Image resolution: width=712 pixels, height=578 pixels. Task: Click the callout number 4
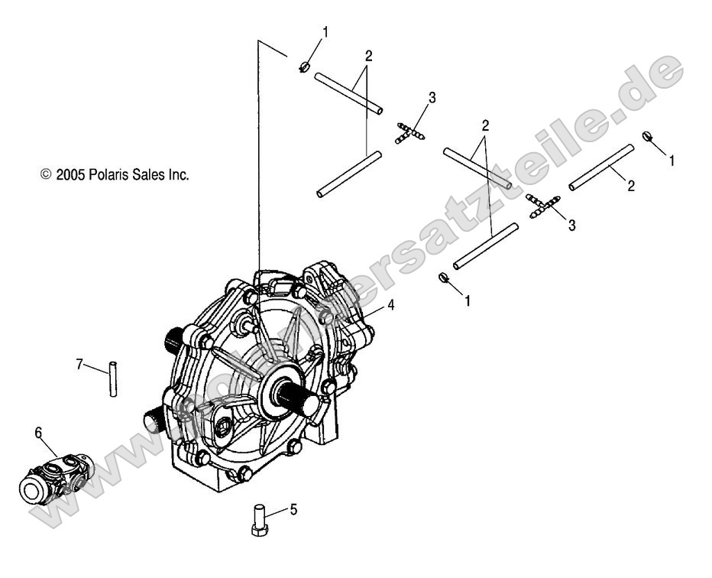tap(390, 304)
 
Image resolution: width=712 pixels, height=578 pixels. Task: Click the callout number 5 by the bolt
tap(293, 510)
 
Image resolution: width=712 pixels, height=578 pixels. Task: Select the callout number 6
tap(38, 433)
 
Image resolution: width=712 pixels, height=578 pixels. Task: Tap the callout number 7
tap(78, 363)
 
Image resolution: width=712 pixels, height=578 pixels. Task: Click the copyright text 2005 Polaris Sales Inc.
tap(115, 175)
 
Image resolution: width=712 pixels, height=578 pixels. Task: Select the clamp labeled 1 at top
tap(303, 67)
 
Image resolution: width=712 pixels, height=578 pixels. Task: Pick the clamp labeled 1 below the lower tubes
tap(443, 278)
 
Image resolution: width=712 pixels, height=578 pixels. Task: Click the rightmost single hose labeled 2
tap(600, 167)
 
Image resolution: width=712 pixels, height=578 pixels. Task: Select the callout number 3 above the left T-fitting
tap(432, 97)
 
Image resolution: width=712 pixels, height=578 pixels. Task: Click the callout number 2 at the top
tap(368, 56)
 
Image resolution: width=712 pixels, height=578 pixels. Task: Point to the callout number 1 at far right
tap(672, 161)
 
